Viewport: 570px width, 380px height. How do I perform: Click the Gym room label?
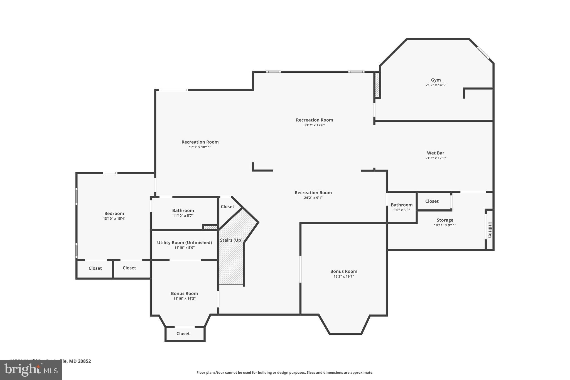[x=436, y=80]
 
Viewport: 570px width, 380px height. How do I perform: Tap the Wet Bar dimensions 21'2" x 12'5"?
[x=436, y=158]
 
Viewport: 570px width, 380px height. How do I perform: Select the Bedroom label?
[x=114, y=214]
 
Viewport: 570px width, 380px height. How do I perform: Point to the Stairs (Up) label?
[x=231, y=240]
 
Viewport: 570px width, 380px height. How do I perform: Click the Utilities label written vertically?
[x=490, y=230]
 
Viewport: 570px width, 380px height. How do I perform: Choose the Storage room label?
[x=445, y=220]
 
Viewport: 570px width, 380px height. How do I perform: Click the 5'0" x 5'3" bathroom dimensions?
[x=401, y=210]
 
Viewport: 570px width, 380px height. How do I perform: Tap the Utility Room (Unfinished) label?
[x=184, y=242]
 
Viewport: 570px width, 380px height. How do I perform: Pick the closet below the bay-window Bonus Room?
[x=183, y=334]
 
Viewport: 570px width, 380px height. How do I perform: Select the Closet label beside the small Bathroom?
[x=432, y=201]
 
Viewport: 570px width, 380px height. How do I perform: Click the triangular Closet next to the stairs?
[x=227, y=207]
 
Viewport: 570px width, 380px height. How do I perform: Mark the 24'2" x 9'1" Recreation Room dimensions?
[x=313, y=198]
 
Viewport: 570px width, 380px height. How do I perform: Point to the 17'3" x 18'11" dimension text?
[x=200, y=147]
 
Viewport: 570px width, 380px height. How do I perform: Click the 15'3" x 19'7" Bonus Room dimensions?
[x=344, y=276]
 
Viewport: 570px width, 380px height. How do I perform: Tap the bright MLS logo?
[x=31, y=370]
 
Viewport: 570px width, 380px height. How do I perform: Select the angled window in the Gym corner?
[x=483, y=53]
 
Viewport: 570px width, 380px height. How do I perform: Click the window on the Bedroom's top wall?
[x=110, y=173]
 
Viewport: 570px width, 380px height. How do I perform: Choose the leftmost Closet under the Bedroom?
[x=95, y=268]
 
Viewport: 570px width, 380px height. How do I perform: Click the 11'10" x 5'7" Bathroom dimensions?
[x=183, y=216]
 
